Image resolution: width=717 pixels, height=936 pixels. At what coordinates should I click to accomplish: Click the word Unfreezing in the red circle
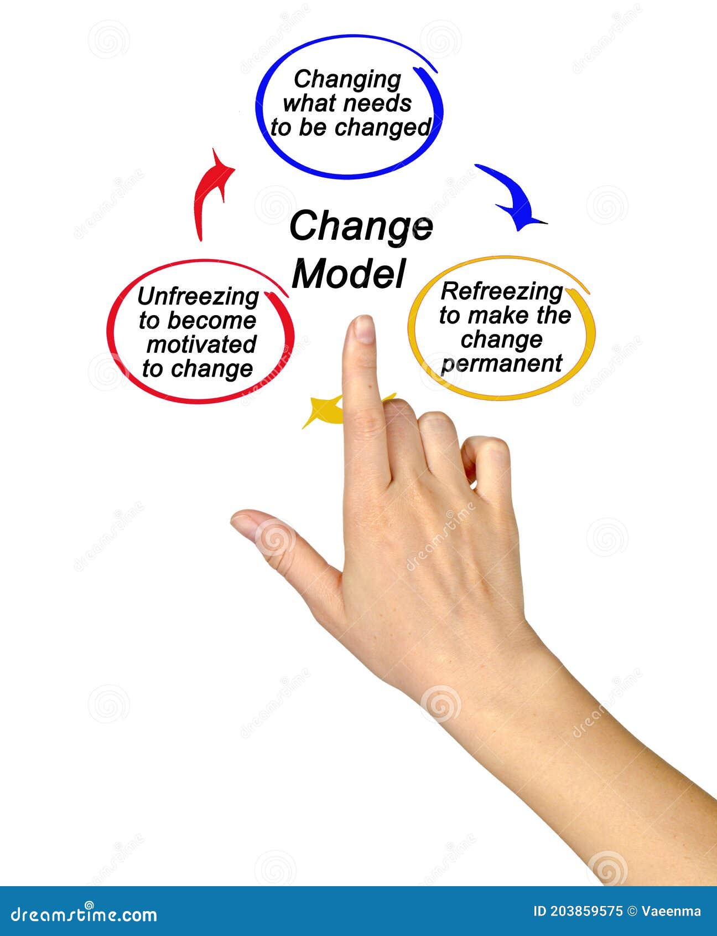198,297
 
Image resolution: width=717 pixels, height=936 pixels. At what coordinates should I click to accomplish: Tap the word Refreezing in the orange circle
501,291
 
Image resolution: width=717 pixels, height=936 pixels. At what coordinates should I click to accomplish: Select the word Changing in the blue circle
347,79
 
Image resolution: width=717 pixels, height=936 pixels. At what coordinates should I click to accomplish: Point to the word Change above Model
360,227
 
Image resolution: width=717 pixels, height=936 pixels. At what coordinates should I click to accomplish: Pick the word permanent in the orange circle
501,364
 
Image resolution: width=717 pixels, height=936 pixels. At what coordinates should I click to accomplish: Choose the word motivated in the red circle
201,344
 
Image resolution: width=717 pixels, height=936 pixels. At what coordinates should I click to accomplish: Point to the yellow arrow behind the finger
324,412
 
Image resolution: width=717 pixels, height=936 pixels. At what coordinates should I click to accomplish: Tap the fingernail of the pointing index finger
363,329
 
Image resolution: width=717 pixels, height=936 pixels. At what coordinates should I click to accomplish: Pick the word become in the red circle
212,321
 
